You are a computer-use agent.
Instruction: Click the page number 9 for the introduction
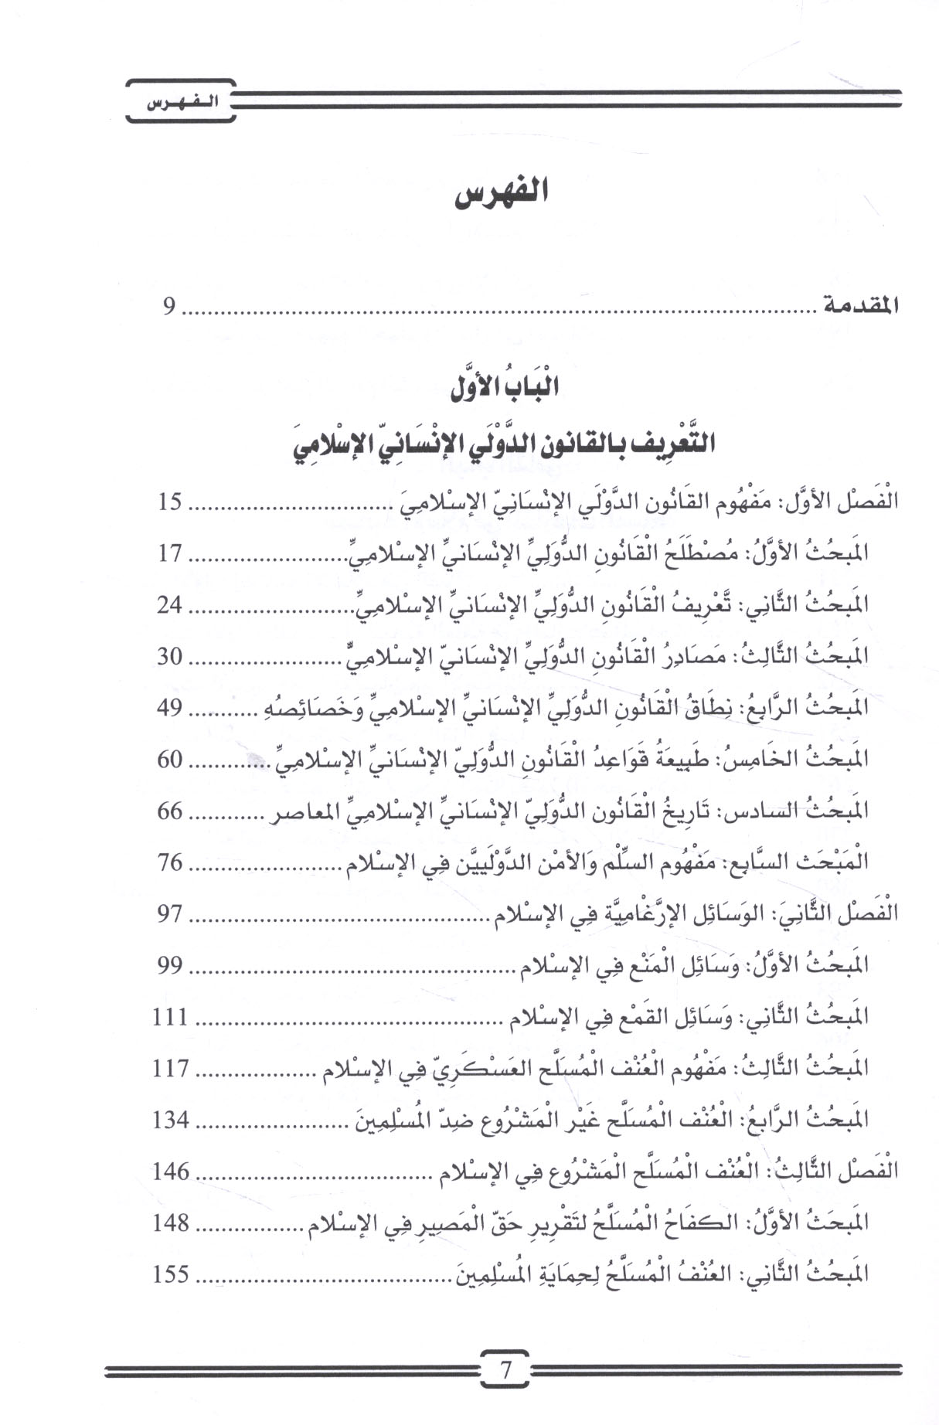pyautogui.click(x=169, y=308)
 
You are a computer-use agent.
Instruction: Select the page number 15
pyautogui.click(x=170, y=502)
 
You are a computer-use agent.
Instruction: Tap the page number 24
pyautogui.click(x=169, y=605)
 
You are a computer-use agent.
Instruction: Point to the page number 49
pyautogui.click(x=169, y=708)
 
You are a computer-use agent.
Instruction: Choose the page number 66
pyautogui.click(x=170, y=811)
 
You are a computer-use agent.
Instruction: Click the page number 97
pyautogui.click(x=170, y=913)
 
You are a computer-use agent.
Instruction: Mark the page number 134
pyautogui.click(x=171, y=1119)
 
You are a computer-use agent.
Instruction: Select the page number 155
pyautogui.click(x=171, y=1274)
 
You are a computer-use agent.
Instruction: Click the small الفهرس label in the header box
pyautogui.click(x=180, y=104)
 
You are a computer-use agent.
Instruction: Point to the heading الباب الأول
pyautogui.click(x=505, y=389)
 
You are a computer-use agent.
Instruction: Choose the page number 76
pyautogui.click(x=170, y=862)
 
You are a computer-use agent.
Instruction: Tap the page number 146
pyautogui.click(x=171, y=1171)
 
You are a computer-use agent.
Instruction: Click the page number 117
pyautogui.click(x=171, y=1068)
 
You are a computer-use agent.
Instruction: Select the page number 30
pyautogui.click(x=170, y=657)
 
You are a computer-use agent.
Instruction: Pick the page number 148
pyautogui.click(x=171, y=1223)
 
